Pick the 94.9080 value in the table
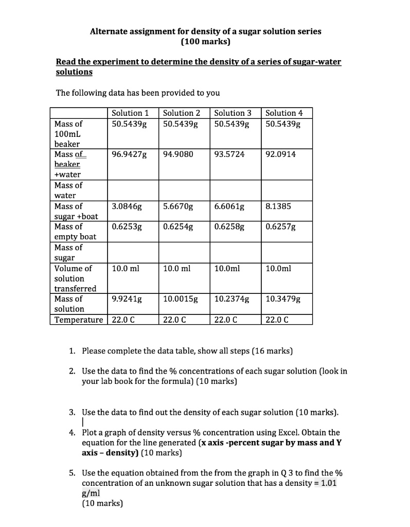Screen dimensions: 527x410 tap(177, 154)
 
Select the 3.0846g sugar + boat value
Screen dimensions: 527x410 tap(127, 206)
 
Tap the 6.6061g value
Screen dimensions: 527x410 tap(229, 206)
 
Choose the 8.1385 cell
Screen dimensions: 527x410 tap(278, 206)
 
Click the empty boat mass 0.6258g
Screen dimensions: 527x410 tap(229, 226)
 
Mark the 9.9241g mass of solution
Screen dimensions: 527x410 tap(127, 298)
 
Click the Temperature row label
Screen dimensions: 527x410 tap(78, 320)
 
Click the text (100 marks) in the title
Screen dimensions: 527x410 tap(206, 41)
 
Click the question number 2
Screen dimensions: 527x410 tap(72, 371)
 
